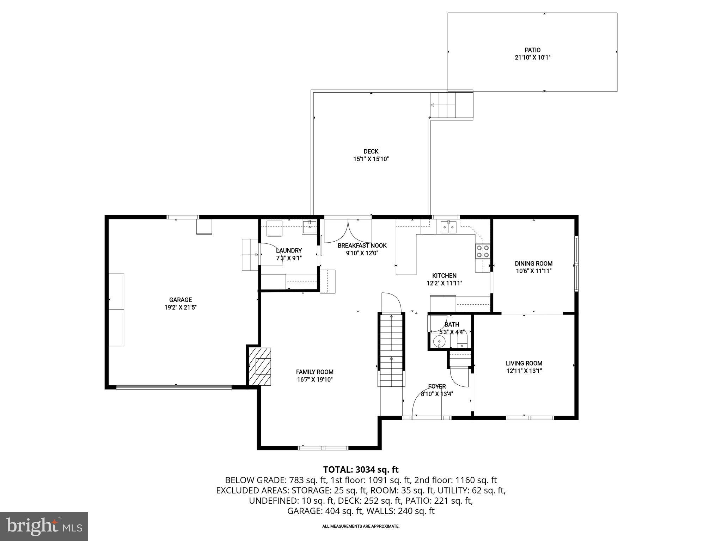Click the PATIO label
click(532, 50)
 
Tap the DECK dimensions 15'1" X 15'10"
click(371, 159)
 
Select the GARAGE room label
click(180, 300)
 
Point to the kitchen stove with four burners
click(483, 251)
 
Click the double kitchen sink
click(448, 227)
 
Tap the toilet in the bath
click(462, 341)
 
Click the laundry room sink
click(310, 227)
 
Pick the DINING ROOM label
click(533, 263)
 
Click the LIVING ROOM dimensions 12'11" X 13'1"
click(524, 371)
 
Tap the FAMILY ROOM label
click(314, 372)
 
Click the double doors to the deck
click(348, 231)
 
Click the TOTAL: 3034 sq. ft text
click(361, 470)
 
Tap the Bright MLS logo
click(44, 526)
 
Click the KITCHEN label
click(444, 276)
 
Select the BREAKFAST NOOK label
click(362, 245)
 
